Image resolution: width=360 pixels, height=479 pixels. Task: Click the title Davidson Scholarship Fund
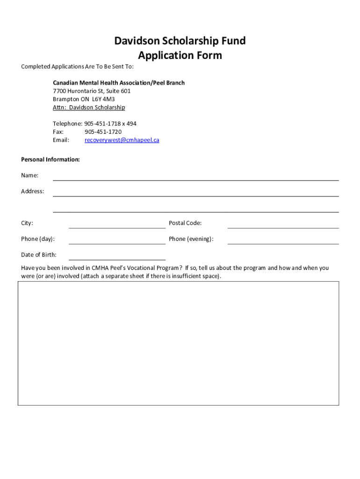(x=180, y=41)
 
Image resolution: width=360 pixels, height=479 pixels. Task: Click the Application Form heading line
(x=180, y=56)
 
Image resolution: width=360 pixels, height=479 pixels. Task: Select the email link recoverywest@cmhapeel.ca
(x=122, y=140)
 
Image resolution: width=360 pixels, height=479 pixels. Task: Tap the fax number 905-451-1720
(x=103, y=132)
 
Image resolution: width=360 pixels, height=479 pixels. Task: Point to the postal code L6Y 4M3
(x=103, y=99)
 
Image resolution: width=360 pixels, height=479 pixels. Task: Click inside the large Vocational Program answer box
(x=178, y=343)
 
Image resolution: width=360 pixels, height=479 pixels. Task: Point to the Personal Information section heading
(x=50, y=160)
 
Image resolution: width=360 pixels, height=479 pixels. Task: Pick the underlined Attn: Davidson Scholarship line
(x=89, y=108)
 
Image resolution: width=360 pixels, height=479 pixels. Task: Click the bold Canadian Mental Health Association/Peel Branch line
(x=119, y=83)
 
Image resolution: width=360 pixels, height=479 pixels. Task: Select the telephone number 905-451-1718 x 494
(x=110, y=124)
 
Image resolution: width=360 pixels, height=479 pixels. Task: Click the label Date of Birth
(x=39, y=255)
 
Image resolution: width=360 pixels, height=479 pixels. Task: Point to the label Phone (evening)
(x=191, y=239)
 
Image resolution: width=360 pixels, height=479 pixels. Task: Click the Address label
(x=33, y=191)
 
